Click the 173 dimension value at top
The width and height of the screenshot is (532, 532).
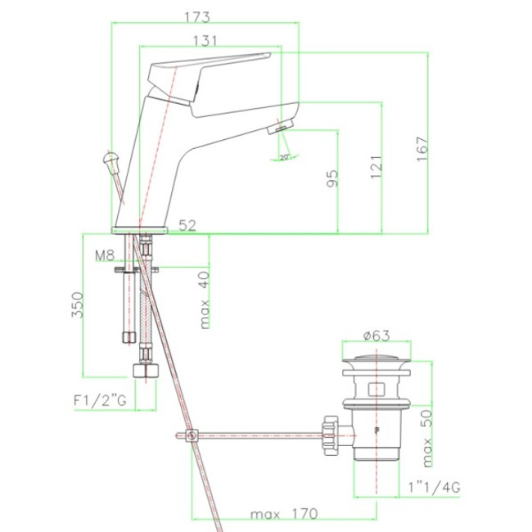[197, 17]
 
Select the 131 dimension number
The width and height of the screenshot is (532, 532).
[205, 41]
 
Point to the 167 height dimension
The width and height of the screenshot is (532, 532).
[422, 149]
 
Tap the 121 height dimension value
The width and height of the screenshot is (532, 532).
[376, 167]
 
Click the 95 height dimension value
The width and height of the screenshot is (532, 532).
[332, 178]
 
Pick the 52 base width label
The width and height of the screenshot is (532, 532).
[187, 226]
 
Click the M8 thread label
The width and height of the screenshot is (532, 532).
[105, 255]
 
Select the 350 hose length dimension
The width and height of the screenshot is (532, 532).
[78, 304]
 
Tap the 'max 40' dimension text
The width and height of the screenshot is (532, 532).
[205, 300]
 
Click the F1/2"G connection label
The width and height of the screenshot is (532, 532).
[100, 400]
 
